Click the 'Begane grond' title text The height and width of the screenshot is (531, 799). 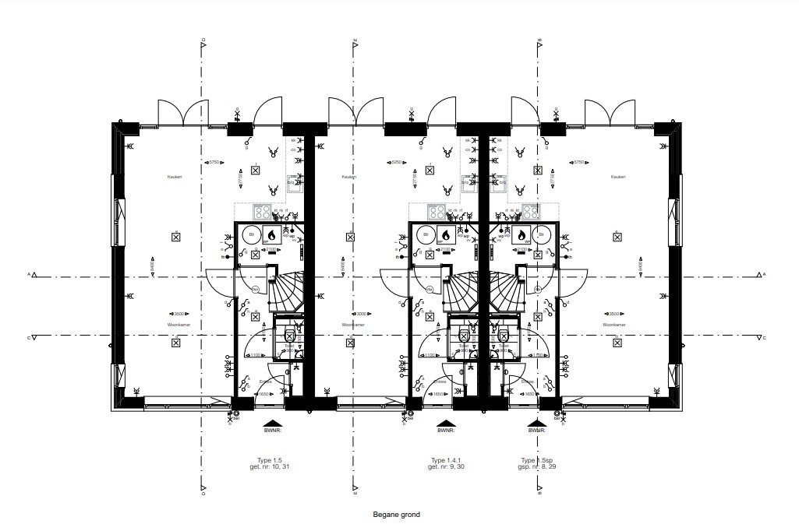click(x=397, y=515)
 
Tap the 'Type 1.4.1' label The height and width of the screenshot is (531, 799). click(x=445, y=460)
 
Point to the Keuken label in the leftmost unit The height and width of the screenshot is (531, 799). click(x=175, y=178)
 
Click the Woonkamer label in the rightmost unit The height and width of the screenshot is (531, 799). click(x=614, y=325)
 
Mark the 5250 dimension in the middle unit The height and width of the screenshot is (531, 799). click(x=395, y=162)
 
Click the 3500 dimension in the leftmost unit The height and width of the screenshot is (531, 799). click(x=178, y=314)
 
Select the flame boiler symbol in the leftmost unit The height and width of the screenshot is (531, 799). click(x=272, y=234)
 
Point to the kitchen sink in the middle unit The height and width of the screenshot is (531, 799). click(x=469, y=183)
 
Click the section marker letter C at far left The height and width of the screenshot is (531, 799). click(x=29, y=338)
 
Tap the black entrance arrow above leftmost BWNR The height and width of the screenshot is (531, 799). click(x=271, y=423)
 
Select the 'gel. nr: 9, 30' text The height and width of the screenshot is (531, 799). click(x=445, y=467)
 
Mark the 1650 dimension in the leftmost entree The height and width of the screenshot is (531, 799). click(x=264, y=395)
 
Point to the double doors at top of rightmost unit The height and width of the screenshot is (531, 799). click(x=610, y=113)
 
